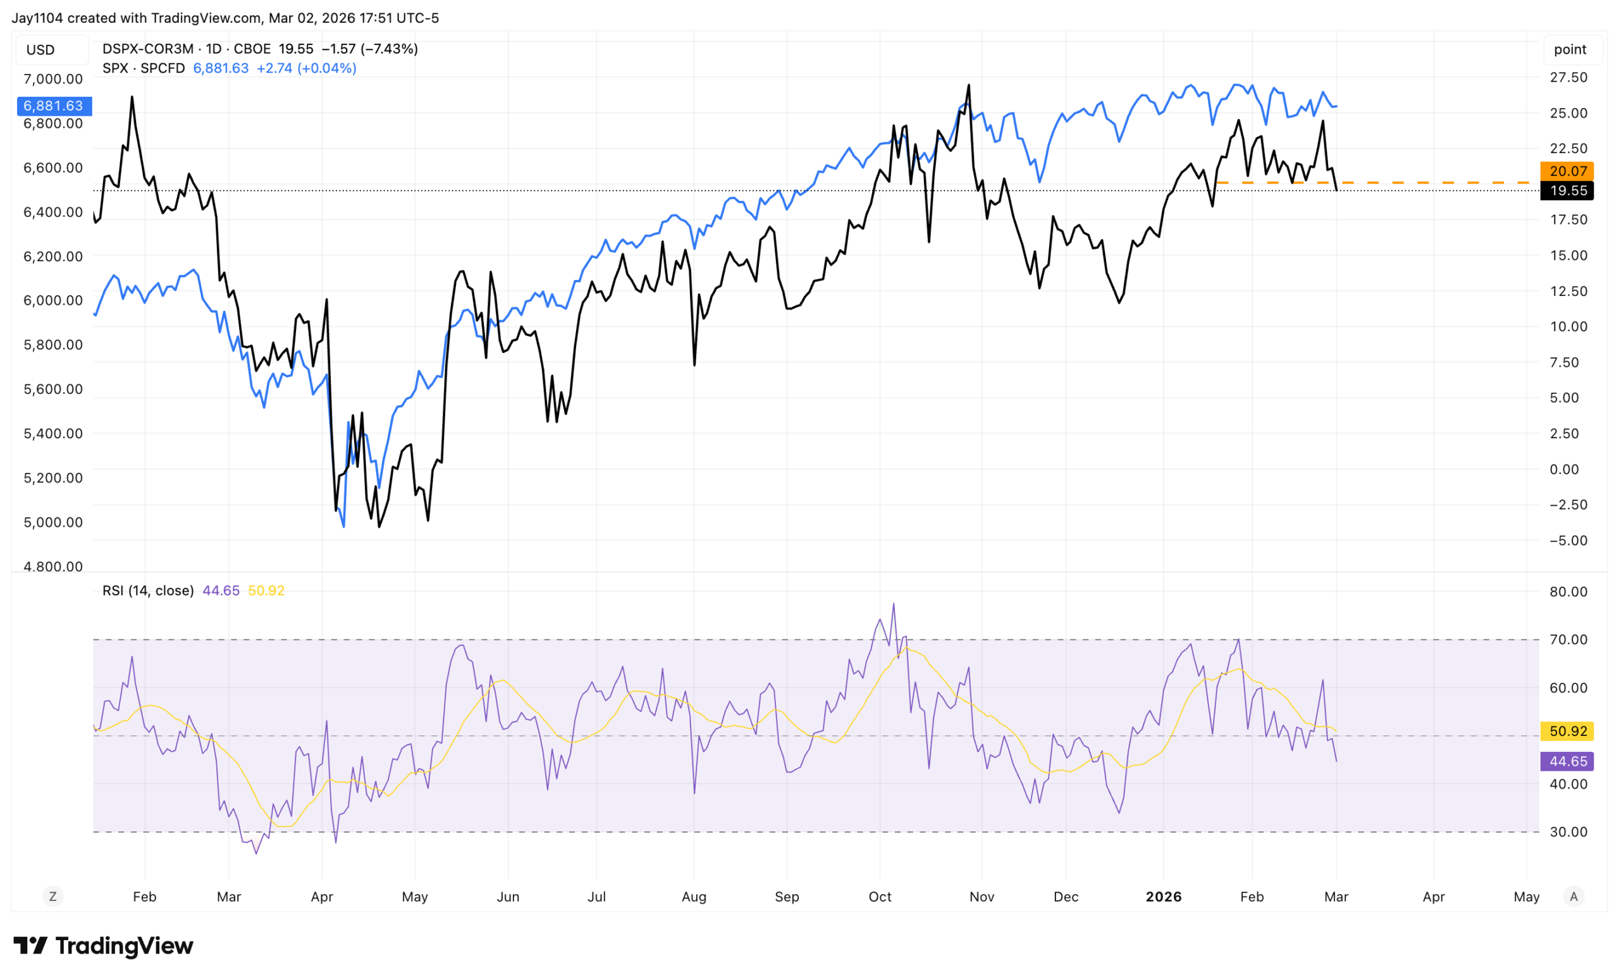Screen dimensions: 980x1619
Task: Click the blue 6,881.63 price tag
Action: point(54,106)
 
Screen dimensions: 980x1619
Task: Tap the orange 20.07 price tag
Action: point(1567,171)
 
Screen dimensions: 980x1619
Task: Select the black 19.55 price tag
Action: point(1567,190)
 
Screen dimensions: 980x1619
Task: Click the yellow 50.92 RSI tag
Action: point(1567,731)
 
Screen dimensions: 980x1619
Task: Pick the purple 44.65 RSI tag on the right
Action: point(1567,761)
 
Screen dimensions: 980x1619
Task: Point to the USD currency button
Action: point(40,50)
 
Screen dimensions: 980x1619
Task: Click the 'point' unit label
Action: point(1570,49)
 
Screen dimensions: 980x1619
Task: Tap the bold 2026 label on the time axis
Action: point(1163,897)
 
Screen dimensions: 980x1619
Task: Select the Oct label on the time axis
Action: point(880,897)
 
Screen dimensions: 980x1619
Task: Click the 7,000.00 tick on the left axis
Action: point(53,79)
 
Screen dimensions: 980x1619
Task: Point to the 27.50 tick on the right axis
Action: point(1568,78)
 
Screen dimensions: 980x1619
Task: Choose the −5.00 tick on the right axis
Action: point(1568,541)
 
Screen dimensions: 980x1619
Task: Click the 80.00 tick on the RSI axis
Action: point(1568,592)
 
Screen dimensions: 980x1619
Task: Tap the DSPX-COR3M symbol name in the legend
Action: point(148,49)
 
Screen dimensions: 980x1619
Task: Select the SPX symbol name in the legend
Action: point(115,68)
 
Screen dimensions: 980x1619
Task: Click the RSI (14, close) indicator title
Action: point(148,591)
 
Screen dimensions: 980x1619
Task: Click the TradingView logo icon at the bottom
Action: point(30,946)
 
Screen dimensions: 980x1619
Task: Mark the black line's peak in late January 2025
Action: point(132,97)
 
